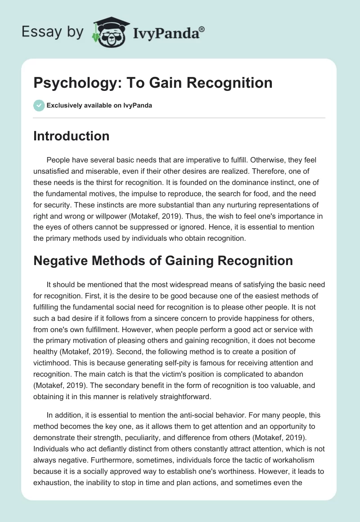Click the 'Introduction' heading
pos(71,136)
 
